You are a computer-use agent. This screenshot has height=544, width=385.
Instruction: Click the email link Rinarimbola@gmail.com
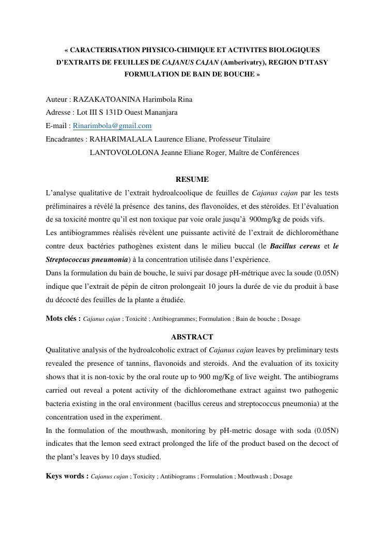coord(112,126)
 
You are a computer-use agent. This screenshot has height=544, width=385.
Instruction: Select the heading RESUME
coord(192,179)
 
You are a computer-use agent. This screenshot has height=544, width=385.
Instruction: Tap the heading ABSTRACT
coord(192,337)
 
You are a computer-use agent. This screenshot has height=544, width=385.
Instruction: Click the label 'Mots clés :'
coord(63,319)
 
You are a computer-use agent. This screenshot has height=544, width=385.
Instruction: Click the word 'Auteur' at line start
coord(56,99)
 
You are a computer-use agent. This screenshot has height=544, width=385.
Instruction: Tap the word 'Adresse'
coord(58,113)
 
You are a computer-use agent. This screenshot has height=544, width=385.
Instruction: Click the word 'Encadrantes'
coord(65,139)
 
